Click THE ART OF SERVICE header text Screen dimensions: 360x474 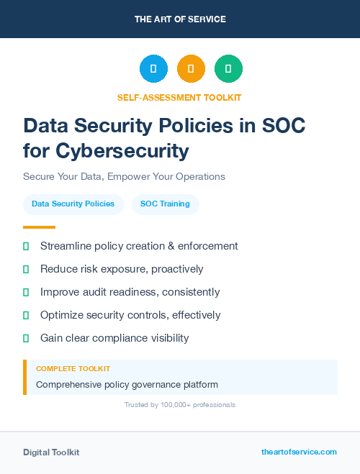180,19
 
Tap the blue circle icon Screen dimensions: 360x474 153,69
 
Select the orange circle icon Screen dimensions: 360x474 191,69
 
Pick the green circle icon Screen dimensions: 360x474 228,69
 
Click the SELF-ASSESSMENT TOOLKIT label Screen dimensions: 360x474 179,97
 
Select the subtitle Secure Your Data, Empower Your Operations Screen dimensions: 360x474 124,176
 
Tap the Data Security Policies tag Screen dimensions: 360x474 73,204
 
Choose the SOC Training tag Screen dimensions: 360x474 165,204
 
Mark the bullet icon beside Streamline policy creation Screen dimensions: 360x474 26,246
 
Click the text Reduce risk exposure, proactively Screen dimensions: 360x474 122,269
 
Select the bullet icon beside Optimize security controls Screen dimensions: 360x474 26,315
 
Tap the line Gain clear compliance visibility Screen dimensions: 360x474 114,338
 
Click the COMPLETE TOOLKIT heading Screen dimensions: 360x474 73,368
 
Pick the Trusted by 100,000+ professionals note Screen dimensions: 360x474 180,405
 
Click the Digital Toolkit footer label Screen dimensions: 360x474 51,452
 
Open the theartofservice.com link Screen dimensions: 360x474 299,452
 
